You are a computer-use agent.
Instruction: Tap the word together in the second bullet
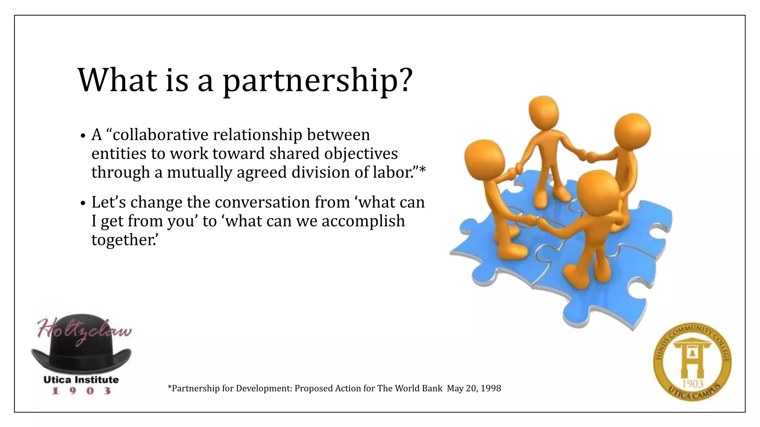[123, 240]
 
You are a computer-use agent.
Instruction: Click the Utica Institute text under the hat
[81, 380]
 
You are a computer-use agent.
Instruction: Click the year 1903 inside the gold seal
[692, 384]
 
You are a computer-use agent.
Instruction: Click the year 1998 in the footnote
[491, 388]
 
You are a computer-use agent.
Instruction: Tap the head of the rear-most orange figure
[543, 111]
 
